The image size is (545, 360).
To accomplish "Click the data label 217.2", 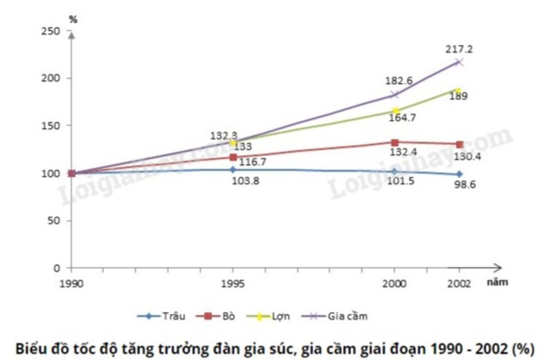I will tap(459, 49).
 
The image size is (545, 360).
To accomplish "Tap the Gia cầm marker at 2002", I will tap(459, 62).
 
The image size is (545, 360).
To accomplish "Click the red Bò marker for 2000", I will tap(394, 142).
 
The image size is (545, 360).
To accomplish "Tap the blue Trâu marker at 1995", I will tap(233, 169).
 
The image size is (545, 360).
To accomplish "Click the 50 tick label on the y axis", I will tap(55, 220).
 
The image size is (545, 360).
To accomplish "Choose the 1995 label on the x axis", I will tap(233, 283).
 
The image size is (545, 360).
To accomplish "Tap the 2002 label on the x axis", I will tap(459, 283).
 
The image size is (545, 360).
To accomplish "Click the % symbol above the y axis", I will tap(73, 19).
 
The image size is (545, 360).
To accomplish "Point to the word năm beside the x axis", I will tap(497, 282).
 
